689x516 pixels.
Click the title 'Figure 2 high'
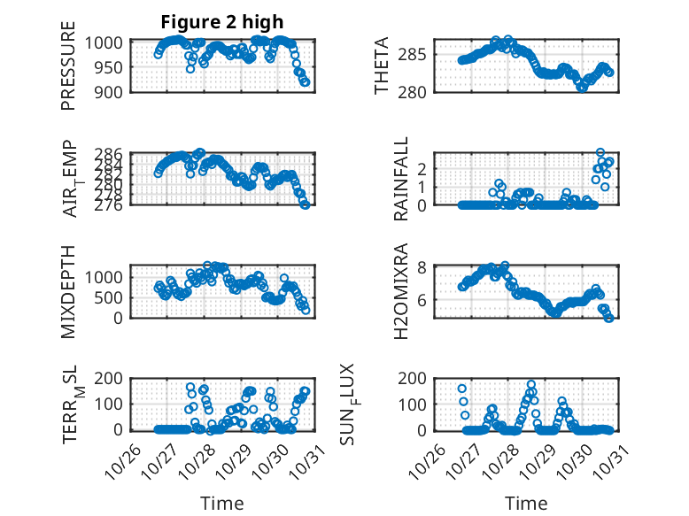[222, 22]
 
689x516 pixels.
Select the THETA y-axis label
[382, 66]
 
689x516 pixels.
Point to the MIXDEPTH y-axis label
[68, 291]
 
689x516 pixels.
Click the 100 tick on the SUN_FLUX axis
[421, 404]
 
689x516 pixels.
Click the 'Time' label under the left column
[222, 503]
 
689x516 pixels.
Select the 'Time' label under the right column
[526, 503]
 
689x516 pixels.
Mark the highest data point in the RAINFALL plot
[600, 153]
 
